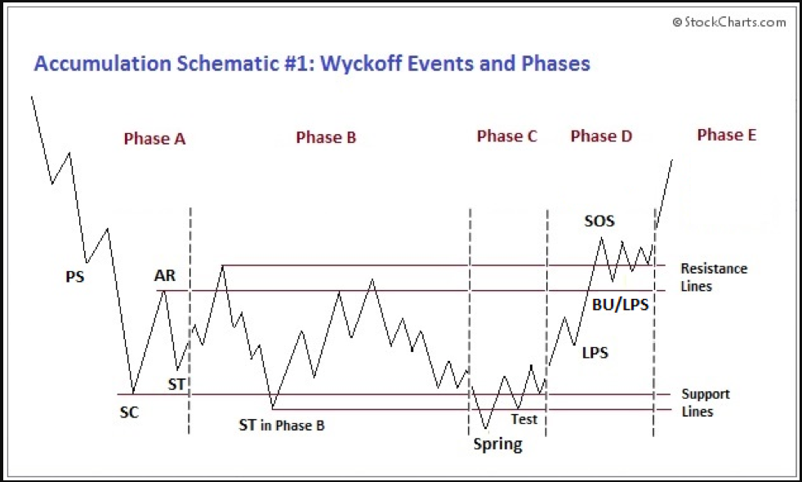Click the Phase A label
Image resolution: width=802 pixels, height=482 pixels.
(154, 139)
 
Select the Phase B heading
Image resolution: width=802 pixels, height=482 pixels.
(326, 137)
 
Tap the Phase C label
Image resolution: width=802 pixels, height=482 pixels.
(507, 136)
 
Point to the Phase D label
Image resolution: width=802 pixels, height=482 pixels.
(601, 136)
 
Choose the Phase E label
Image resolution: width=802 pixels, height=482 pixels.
(726, 135)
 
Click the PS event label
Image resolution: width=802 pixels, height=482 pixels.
(74, 277)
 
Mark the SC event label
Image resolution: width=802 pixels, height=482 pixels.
(129, 413)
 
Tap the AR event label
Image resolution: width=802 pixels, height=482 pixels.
(165, 275)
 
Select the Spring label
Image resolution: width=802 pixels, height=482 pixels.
(497, 444)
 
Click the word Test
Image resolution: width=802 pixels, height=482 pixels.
(524, 419)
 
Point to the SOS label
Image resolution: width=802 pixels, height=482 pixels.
(599, 221)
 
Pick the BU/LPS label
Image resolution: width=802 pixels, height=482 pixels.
(620, 305)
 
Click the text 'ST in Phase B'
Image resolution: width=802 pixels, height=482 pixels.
(281, 425)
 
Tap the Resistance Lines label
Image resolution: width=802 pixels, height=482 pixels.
(714, 277)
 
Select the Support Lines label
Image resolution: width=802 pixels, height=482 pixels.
(706, 403)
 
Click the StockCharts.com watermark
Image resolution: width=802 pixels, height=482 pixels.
(728, 22)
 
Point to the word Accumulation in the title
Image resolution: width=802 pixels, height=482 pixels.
(102, 64)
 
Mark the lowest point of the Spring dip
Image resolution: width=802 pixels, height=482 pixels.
(485, 429)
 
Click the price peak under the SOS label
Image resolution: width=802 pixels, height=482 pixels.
(601, 238)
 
